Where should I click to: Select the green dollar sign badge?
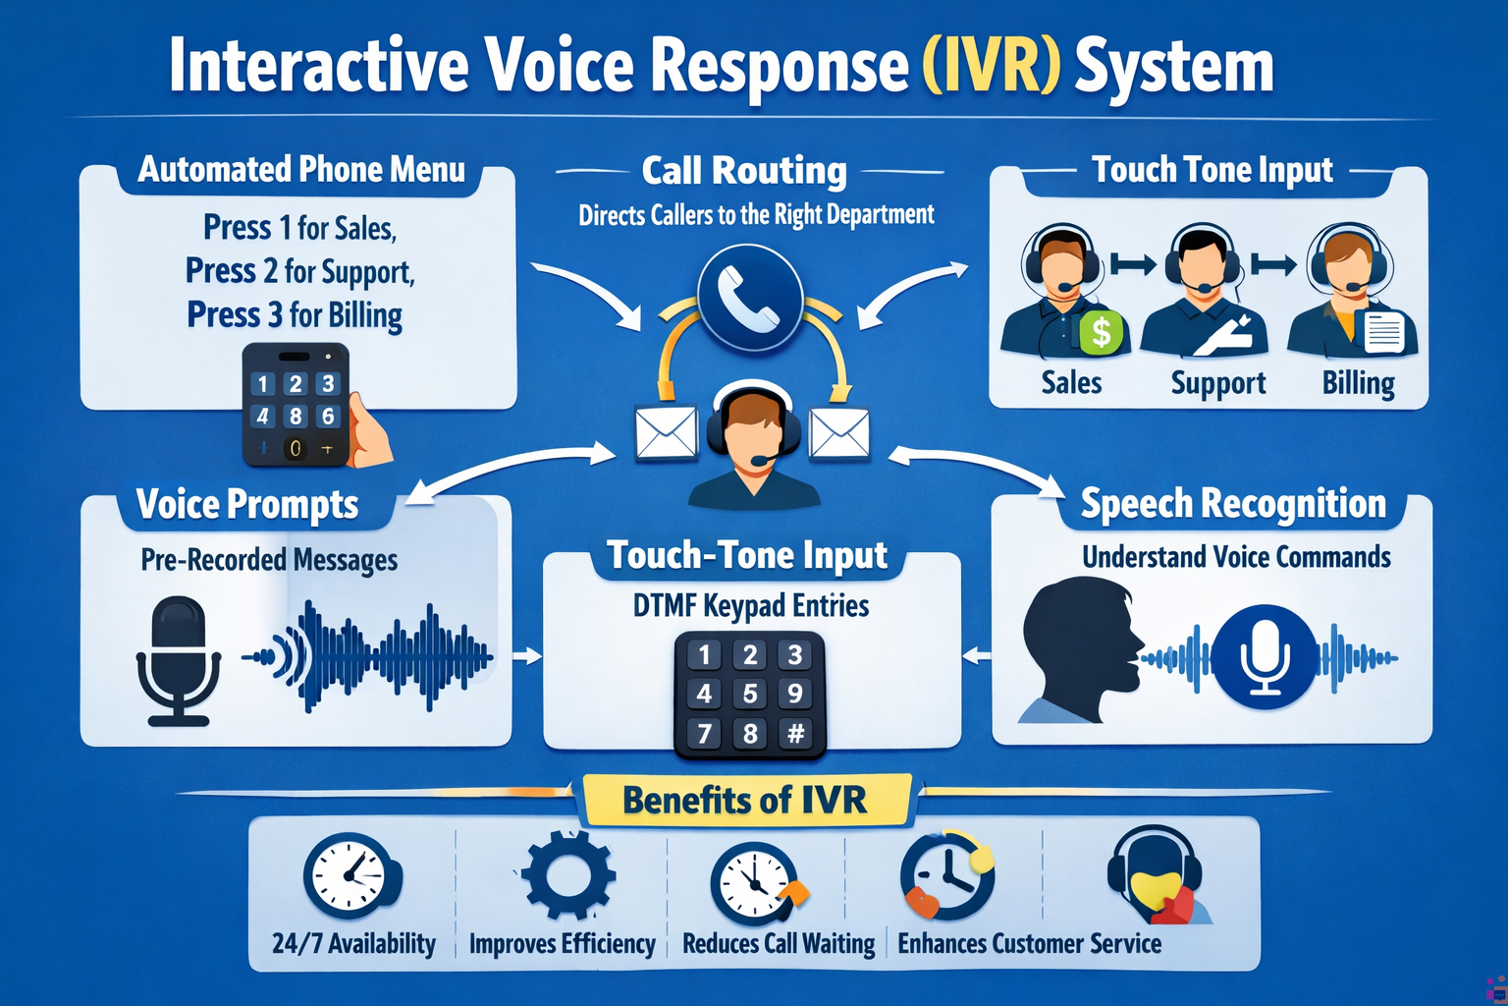click(x=1102, y=332)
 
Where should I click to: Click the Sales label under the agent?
click(x=1071, y=382)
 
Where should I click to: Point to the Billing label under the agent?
click(x=1358, y=383)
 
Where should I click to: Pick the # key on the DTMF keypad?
click(x=796, y=733)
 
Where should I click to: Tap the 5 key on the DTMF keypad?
click(x=750, y=694)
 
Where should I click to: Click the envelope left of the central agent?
click(x=667, y=433)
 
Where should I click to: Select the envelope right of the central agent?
click(x=838, y=433)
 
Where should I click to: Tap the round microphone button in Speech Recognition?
click(x=1265, y=656)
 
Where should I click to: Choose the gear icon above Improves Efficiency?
click(x=568, y=874)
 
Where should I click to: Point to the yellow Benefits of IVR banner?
click(x=745, y=800)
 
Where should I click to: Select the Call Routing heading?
click(x=744, y=171)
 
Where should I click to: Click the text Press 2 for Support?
click(x=299, y=271)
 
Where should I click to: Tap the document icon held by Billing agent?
click(x=1384, y=331)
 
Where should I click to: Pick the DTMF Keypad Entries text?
click(x=751, y=606)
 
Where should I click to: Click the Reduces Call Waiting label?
click(x=779, y=943)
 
